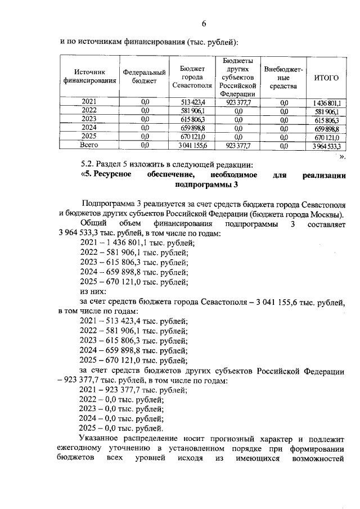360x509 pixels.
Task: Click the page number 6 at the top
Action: (204, 23)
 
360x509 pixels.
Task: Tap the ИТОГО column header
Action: (326, 77)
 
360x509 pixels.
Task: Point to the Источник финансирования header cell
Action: (89, 76)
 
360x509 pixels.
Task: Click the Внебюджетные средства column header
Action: (283, 77)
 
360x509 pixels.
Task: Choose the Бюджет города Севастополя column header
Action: (192, 77)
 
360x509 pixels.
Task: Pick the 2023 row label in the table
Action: (89, 119)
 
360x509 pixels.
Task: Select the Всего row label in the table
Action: (89, 145)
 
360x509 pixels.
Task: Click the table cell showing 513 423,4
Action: (193, 102)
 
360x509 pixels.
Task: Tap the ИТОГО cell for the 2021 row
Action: (327, 102)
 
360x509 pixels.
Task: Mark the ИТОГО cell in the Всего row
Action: (327, 146)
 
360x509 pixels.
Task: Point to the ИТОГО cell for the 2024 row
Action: (327, 128)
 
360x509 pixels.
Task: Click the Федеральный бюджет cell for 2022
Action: (145, 111)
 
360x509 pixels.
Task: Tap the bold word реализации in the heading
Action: (323, 174)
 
